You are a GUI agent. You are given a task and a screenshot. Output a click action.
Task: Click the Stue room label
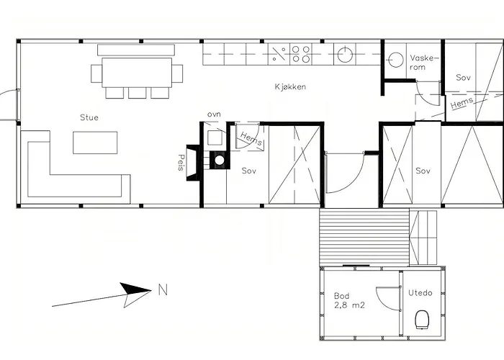[89, 117]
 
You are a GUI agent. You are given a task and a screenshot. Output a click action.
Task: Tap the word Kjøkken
[290, 87]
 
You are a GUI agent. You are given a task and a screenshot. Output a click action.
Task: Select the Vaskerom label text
[424, 63]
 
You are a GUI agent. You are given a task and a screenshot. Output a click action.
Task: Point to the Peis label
[181, 162]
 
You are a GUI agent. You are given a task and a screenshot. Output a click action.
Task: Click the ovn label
[214, 114]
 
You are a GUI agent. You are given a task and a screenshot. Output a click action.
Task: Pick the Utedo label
[420, 293]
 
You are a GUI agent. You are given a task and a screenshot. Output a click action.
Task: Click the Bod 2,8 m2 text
[349, 300]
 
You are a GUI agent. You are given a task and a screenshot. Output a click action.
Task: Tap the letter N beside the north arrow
[163, 290]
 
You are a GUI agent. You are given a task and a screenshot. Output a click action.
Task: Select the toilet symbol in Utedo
[423, 320]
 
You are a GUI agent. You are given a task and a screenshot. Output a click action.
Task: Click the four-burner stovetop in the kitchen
[301, 54]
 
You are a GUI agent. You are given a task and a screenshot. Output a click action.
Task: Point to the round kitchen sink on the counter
[345, 54]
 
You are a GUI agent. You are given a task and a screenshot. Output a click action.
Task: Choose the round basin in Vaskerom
[396, 60]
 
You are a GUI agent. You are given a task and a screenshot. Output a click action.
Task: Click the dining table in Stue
[137, 73]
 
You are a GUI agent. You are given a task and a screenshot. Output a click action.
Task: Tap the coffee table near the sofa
[95, 143]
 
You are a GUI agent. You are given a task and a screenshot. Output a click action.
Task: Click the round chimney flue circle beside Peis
[220, 160]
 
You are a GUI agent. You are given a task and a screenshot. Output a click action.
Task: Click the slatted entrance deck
[364, 237]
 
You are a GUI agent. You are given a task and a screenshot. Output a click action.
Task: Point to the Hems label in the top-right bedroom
[462, 103]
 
